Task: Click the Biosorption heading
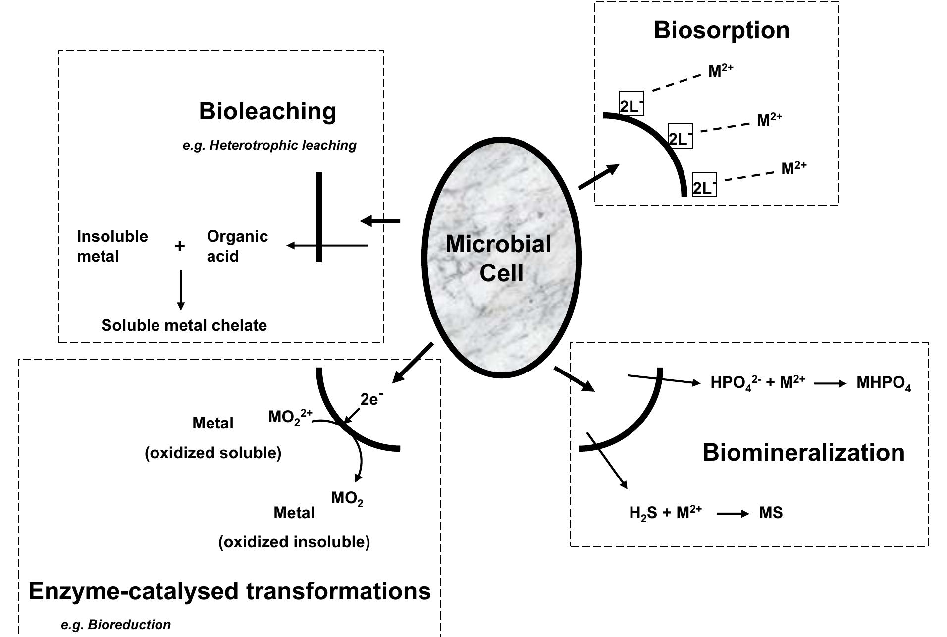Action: coord(721,30)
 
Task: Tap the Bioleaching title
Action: coord(267,111)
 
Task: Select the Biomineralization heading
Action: coord(803,452)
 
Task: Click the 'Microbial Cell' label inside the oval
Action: coord(499,258)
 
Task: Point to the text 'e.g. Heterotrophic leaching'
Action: coord(269,145)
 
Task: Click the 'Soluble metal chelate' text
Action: coord(184,325)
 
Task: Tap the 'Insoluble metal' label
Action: coord(112,246)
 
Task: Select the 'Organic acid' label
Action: coord(237,246)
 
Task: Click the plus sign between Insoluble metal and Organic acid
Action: coord(180,246)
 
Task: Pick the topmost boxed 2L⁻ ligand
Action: coord(631,104)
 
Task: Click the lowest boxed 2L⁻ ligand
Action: coord(704,185)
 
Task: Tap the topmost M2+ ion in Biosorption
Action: coord(720,71)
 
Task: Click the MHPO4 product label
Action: coord(883,383)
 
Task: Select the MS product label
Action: coord(771,513)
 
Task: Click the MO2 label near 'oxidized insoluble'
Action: coord(347,498)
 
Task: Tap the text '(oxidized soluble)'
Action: coord(213,453)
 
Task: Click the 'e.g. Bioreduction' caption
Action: coord(116,625)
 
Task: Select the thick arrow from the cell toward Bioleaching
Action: coord(380,221)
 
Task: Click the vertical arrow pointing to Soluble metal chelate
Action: coord(181,290)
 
